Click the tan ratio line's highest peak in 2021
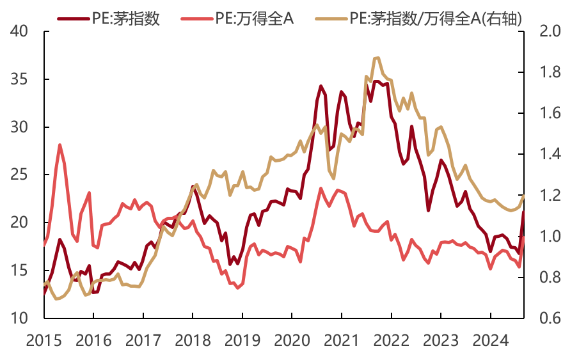click(377, 58)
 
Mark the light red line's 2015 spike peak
click(60, 145)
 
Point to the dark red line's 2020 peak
click(321, 86)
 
